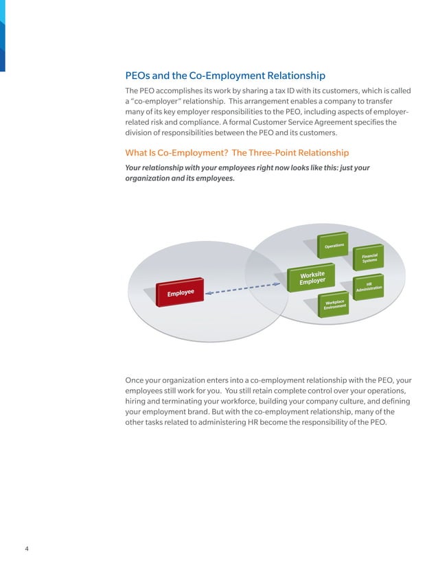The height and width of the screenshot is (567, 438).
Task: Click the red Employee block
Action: (x=181, y=292)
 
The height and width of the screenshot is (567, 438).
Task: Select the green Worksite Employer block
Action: (x=312, y=277)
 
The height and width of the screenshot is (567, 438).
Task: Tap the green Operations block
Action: (x=334, y=246)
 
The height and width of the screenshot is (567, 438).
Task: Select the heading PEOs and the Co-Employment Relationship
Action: (x=224, y=76)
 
